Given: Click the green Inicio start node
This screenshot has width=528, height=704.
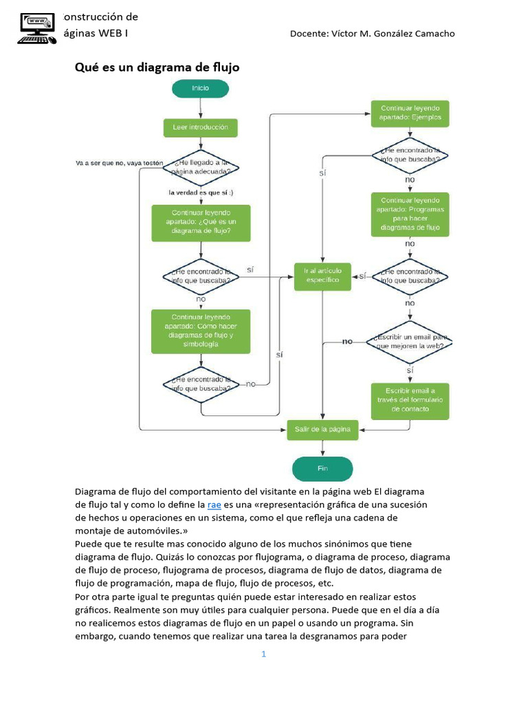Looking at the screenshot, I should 200,88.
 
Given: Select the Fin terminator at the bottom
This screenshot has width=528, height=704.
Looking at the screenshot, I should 322,468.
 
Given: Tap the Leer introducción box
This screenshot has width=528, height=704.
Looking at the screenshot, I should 200,127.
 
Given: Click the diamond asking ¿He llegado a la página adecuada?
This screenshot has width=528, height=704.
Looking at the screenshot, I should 201,166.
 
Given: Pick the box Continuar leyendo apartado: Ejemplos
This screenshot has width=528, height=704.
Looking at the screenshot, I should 410,113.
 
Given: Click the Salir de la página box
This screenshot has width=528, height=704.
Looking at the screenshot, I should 322,429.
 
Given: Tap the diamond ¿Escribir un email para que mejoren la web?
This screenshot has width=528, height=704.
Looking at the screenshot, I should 410,341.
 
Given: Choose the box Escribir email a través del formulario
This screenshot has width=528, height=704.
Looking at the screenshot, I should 410,400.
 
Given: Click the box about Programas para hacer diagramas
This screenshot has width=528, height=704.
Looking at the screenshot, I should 410,214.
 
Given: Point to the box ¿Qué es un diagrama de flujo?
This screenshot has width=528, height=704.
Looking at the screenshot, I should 201,222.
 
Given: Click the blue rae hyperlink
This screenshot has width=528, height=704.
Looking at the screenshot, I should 214,505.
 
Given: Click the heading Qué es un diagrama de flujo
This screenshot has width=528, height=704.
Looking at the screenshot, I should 157,67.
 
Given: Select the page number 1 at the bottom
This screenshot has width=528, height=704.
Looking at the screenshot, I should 263,654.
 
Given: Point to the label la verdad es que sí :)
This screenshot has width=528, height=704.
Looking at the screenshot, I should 200,192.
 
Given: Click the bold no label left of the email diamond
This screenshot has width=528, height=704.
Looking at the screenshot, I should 348,341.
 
